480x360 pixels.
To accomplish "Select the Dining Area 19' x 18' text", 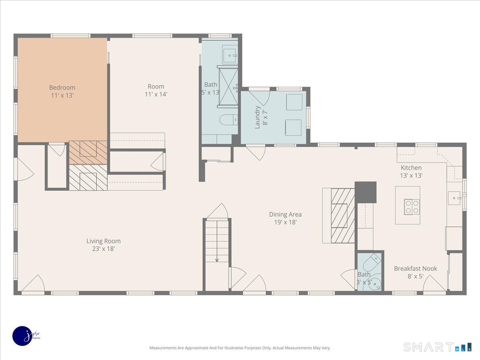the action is coord(285,218).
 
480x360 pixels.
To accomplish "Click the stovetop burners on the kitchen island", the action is coord(412,207).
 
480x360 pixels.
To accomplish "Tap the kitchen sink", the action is coord(454,198).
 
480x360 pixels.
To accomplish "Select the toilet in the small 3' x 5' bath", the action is coord(372,262).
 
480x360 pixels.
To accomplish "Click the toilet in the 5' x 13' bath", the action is coord(228,120).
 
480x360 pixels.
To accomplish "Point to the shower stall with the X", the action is coord(228,87).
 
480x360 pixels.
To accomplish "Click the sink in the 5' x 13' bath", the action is coord(230,55).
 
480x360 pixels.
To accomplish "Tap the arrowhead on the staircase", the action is coord(217,260).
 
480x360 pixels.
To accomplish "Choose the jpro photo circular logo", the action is coord(22,336).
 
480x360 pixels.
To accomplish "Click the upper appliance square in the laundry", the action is coord(294,102).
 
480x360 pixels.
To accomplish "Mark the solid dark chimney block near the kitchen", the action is coord(366,192).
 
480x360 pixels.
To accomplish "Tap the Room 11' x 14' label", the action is coord(156,90).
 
